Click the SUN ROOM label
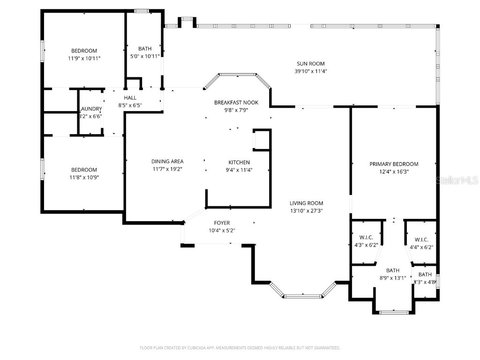coord(310,64)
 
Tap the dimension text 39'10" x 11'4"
coord(310,71)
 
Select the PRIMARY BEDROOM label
coord(394,164)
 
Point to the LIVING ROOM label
coord(306,203)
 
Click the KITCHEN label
coord(239,162)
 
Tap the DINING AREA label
coord(167,161)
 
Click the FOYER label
coord(222,223)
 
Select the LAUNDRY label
coord(90,109)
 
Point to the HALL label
coord(130,97)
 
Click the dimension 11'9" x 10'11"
coord(84,58)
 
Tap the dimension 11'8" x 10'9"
coord(84,177)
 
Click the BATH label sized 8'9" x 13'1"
coord(392,270)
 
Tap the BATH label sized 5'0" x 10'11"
coord(145,49)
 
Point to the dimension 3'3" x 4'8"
coord(425,282)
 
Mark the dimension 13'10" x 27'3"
coord(306,210)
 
